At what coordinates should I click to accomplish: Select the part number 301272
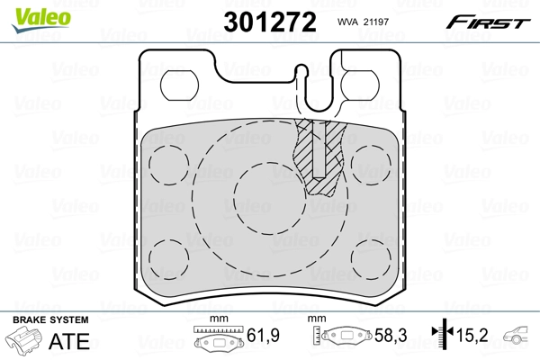pos(271,22)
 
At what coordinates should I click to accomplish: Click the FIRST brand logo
pos(490,22)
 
